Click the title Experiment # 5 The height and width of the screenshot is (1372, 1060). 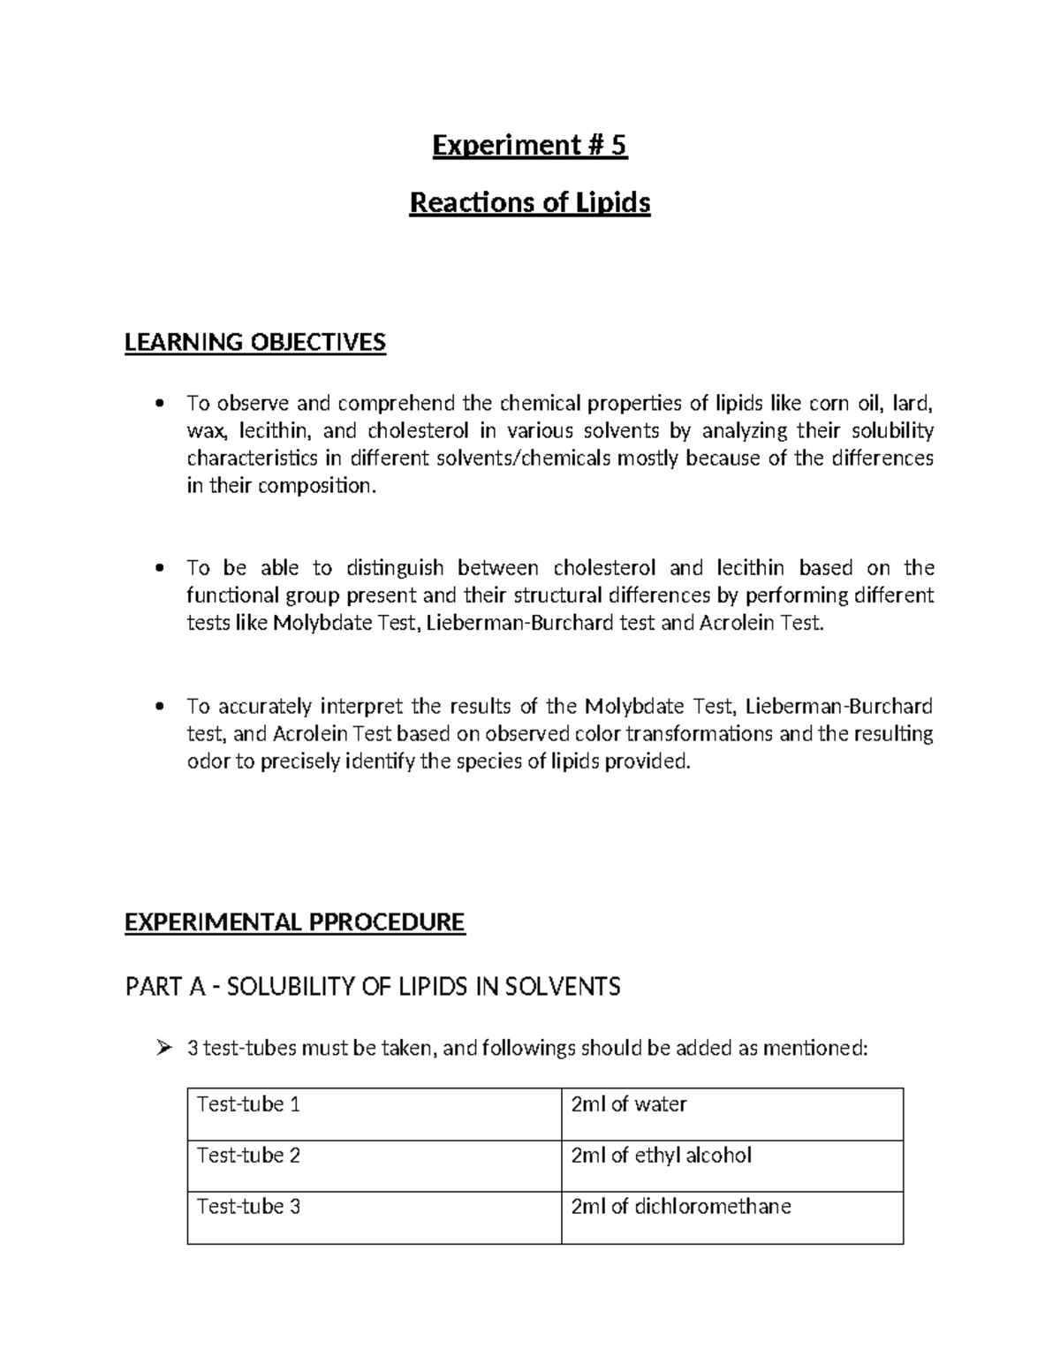click(529, 145)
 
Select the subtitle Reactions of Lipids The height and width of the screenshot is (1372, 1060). click(529, 203)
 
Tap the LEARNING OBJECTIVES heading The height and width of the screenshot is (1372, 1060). click(255, 342)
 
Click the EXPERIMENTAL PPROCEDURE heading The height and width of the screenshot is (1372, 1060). click(294, 922)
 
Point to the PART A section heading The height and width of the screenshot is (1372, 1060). click(372, 986)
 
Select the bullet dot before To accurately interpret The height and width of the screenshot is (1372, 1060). click(159, 707)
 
